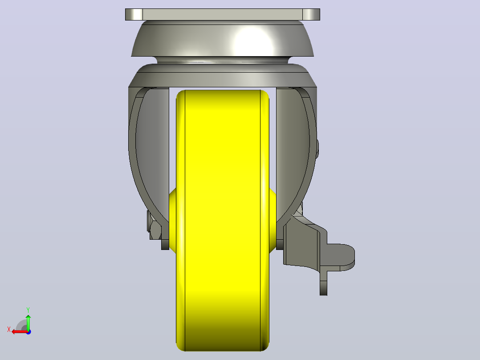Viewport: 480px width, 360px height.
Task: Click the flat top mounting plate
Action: tap(223, 14)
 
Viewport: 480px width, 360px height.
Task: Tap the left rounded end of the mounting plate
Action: tap(134, 14)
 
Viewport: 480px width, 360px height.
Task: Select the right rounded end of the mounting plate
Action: tap(311, 14)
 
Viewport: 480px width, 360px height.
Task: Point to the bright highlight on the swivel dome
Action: tap(252, 41)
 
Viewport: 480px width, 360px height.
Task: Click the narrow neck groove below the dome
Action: tap(223, 60)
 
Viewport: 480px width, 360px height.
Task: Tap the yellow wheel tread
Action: tap(223, 221)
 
